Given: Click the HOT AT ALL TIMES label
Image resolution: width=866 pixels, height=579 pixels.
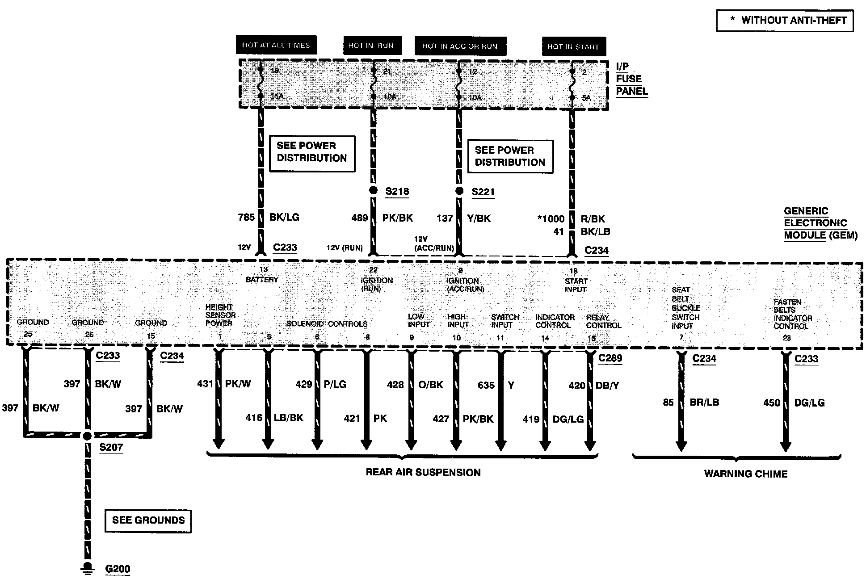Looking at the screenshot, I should coord(276,45).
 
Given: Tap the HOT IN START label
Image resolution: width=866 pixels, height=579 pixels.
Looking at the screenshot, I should coord(573,46).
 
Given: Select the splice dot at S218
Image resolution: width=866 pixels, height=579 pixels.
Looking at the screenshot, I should coord(373,190).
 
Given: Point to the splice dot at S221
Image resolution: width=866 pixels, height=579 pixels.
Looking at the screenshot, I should coord(459,191).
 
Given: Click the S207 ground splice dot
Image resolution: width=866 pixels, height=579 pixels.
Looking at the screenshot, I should coord(88,436).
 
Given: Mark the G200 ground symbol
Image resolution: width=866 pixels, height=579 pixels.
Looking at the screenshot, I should coord(88,567).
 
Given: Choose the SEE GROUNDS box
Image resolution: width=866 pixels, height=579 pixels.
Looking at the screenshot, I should coord(148,520).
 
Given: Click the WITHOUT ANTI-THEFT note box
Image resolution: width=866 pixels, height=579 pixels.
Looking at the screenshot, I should coord(784,21).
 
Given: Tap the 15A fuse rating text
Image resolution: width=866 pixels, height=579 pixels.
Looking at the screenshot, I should coord(277,96).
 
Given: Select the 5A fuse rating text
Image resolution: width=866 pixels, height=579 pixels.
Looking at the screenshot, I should coord(586,98).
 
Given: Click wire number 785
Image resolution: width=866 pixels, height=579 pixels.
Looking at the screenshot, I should coord(246,218).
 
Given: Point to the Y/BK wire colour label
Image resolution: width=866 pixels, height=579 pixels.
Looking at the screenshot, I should coord(479,218).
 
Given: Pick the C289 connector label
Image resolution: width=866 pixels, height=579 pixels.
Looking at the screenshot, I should coord(610,358).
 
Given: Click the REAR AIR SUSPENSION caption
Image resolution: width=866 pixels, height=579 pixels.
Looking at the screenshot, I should coord(423,473).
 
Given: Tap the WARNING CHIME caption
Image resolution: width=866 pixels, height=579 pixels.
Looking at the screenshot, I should coord(745,474).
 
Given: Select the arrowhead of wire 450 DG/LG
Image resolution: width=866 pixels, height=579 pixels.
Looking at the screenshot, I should coord(786,446).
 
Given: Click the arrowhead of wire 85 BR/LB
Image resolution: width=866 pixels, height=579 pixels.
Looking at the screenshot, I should coord(681,446).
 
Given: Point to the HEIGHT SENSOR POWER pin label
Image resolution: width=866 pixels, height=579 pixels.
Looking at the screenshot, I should coord(220,315).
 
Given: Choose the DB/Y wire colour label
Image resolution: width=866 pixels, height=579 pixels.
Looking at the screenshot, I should coord(607,386).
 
